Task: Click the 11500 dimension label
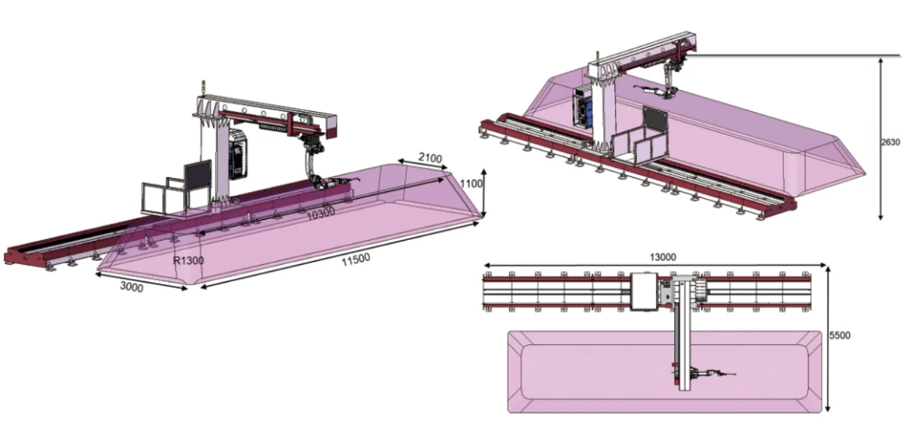[356, 259]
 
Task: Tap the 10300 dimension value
[321, 213]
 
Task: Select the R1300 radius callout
[189, 260]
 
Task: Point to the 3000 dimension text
[131, 287]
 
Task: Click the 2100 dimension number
[430, 157]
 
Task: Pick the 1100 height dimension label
[472, 184]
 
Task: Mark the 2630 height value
[890, 143]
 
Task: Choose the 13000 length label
[663, 257]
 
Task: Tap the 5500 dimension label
[840, 336]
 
